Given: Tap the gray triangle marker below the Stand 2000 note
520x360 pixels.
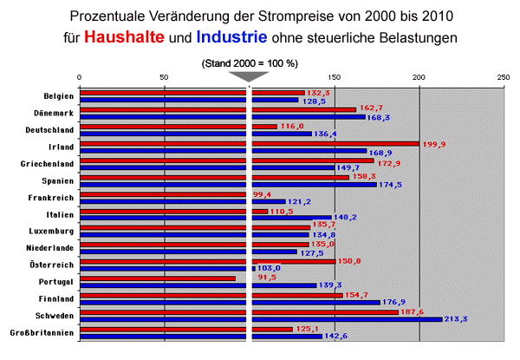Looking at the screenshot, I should pyautogui.click(x=250, y=75).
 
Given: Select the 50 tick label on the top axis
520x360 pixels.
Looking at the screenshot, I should pyautogui.click(x=164, y=77).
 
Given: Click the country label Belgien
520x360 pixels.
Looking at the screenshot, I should pyautogui.click(x=58, y=95).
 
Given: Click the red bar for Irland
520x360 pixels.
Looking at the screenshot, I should pyautogui.click(x=251, y=143).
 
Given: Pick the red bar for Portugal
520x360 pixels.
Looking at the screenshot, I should pyautogui.click(x=156, y=278).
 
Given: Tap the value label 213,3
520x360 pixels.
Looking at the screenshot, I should pyautogui.click(x=456, y=319).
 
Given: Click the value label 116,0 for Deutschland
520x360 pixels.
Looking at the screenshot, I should pyautogui.click(x=292, y=127).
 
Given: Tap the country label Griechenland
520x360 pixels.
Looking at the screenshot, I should pyautogui.click(x=49, y=163).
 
